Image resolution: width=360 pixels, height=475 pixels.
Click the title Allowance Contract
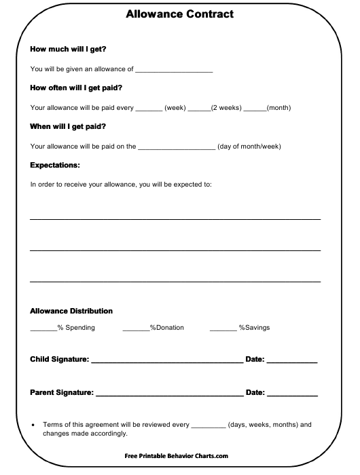180,14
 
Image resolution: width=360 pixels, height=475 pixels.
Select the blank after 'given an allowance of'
175,71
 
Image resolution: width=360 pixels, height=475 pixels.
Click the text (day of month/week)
249,146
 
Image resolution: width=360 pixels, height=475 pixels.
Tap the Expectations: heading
56,165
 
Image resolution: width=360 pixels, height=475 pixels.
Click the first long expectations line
175,218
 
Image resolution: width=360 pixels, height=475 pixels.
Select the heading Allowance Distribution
71,311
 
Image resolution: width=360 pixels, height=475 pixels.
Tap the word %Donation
167,328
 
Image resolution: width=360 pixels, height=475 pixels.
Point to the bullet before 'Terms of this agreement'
34,425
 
